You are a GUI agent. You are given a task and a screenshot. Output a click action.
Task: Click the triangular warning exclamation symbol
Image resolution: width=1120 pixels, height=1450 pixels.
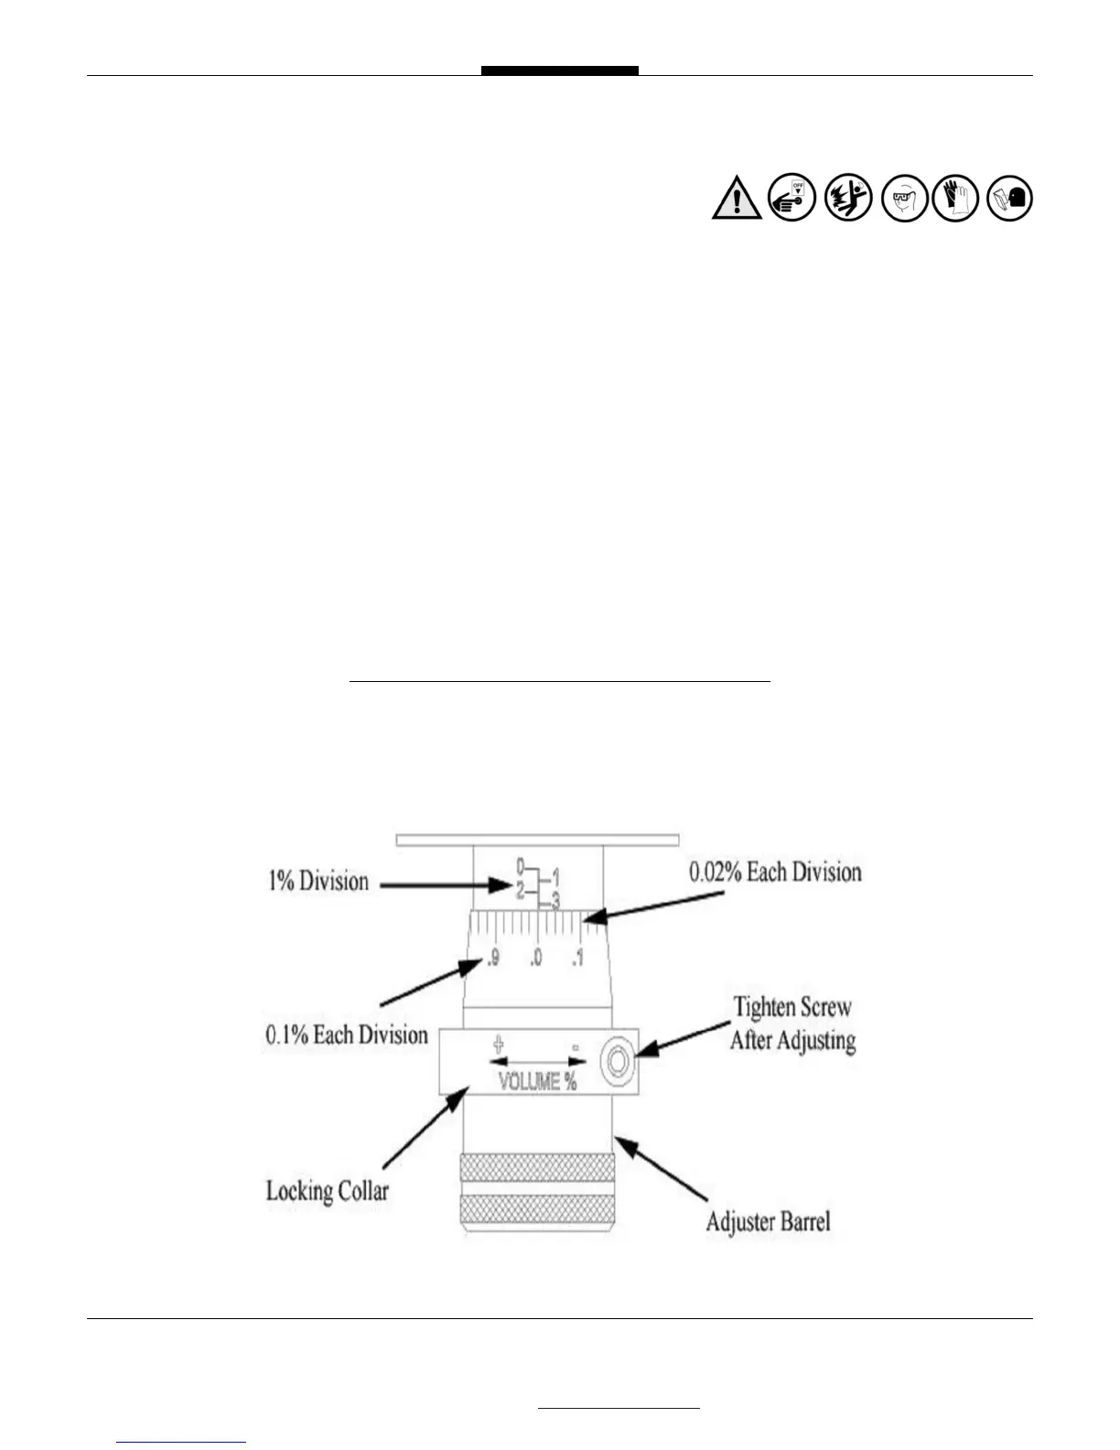(737, 199)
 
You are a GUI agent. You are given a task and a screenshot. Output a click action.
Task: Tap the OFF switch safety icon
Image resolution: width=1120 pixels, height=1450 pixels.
(792, 197)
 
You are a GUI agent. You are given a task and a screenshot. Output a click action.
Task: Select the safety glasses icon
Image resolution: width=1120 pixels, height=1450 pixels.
(904, 198)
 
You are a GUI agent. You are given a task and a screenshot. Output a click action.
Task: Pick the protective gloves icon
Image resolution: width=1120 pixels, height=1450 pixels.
(955, 197)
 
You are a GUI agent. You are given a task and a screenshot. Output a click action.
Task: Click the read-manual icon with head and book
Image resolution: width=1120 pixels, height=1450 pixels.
(1010, 198)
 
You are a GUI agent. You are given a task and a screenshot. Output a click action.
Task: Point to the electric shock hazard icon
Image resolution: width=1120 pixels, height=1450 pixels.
(847, 198)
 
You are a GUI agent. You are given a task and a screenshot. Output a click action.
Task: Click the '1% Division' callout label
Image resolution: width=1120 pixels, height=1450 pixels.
(318, 882)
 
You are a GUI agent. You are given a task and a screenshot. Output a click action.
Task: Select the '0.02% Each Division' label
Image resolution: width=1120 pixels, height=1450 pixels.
(775, 871)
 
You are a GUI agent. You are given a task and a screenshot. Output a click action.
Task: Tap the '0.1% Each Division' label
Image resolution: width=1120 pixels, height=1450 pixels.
(347, 1035)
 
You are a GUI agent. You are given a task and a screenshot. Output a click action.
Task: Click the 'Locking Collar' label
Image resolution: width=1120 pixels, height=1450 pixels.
(327, 1191)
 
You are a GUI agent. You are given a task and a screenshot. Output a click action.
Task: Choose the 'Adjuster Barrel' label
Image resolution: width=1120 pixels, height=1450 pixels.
(768, 1222)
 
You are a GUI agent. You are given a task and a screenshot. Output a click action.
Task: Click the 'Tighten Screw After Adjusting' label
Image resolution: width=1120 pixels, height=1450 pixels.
(792, 1023)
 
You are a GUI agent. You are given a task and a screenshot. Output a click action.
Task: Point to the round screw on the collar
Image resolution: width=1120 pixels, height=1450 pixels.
(617, 1062)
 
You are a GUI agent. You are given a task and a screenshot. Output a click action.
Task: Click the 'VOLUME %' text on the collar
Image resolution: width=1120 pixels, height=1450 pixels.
(537, 1082)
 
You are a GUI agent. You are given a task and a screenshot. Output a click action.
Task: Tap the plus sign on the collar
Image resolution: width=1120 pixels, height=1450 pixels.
(499, 1043)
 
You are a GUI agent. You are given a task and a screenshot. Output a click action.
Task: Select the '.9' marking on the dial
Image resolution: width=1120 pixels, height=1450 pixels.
(492, 958)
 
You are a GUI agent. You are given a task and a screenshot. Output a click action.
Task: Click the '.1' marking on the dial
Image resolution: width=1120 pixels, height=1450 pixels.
(577, 958)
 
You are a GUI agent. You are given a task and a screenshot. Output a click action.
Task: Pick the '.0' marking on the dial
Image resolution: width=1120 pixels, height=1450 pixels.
(535, 958)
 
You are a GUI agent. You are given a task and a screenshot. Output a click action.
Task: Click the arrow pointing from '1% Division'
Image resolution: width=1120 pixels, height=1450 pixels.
(446, 885)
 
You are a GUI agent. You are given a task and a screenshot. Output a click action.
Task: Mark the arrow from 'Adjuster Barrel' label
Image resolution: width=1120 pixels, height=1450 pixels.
(661, 1169)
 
